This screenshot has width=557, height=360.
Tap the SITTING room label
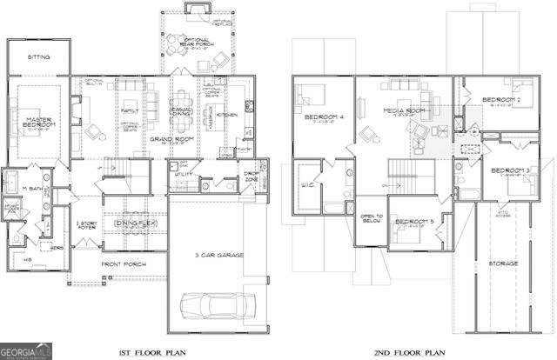click(x=38, y=57)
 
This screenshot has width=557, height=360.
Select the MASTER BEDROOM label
click(x=40, y=123)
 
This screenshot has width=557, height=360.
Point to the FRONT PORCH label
click(x=122, y=263)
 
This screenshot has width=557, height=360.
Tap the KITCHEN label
click(x=228, y=115)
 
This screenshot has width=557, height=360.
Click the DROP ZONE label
click(x=251, y=177)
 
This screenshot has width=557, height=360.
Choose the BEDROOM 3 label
click(x=510, y=169)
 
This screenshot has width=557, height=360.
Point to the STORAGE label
click(x=502, y=263)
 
